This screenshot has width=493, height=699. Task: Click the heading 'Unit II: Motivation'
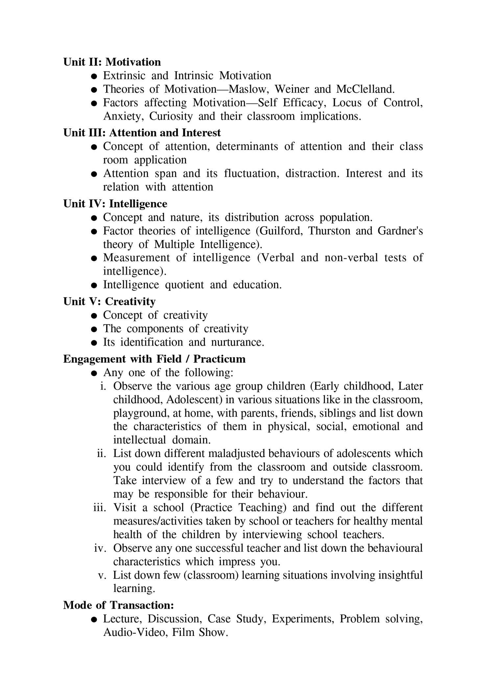tap(112, 62)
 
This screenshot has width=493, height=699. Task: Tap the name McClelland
tap(365, 89)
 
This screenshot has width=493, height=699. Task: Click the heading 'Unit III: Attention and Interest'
tap(142, 133)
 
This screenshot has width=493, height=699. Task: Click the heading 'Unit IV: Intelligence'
tap(115, 204)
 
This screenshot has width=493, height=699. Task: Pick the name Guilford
tap(281, 231)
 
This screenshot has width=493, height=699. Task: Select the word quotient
tap(184, 284)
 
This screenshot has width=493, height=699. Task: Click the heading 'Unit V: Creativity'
tap(109, 301)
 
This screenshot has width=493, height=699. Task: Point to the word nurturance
tap(237, 342)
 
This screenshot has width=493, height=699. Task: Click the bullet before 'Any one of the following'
tap(94, 373)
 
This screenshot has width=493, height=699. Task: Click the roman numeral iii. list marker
tap(100, 508)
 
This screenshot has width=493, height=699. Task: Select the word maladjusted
tap(237, 454)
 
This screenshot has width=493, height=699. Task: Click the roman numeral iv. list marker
tap(100, 548)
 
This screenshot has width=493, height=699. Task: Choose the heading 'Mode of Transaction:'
tap(118, 605)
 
